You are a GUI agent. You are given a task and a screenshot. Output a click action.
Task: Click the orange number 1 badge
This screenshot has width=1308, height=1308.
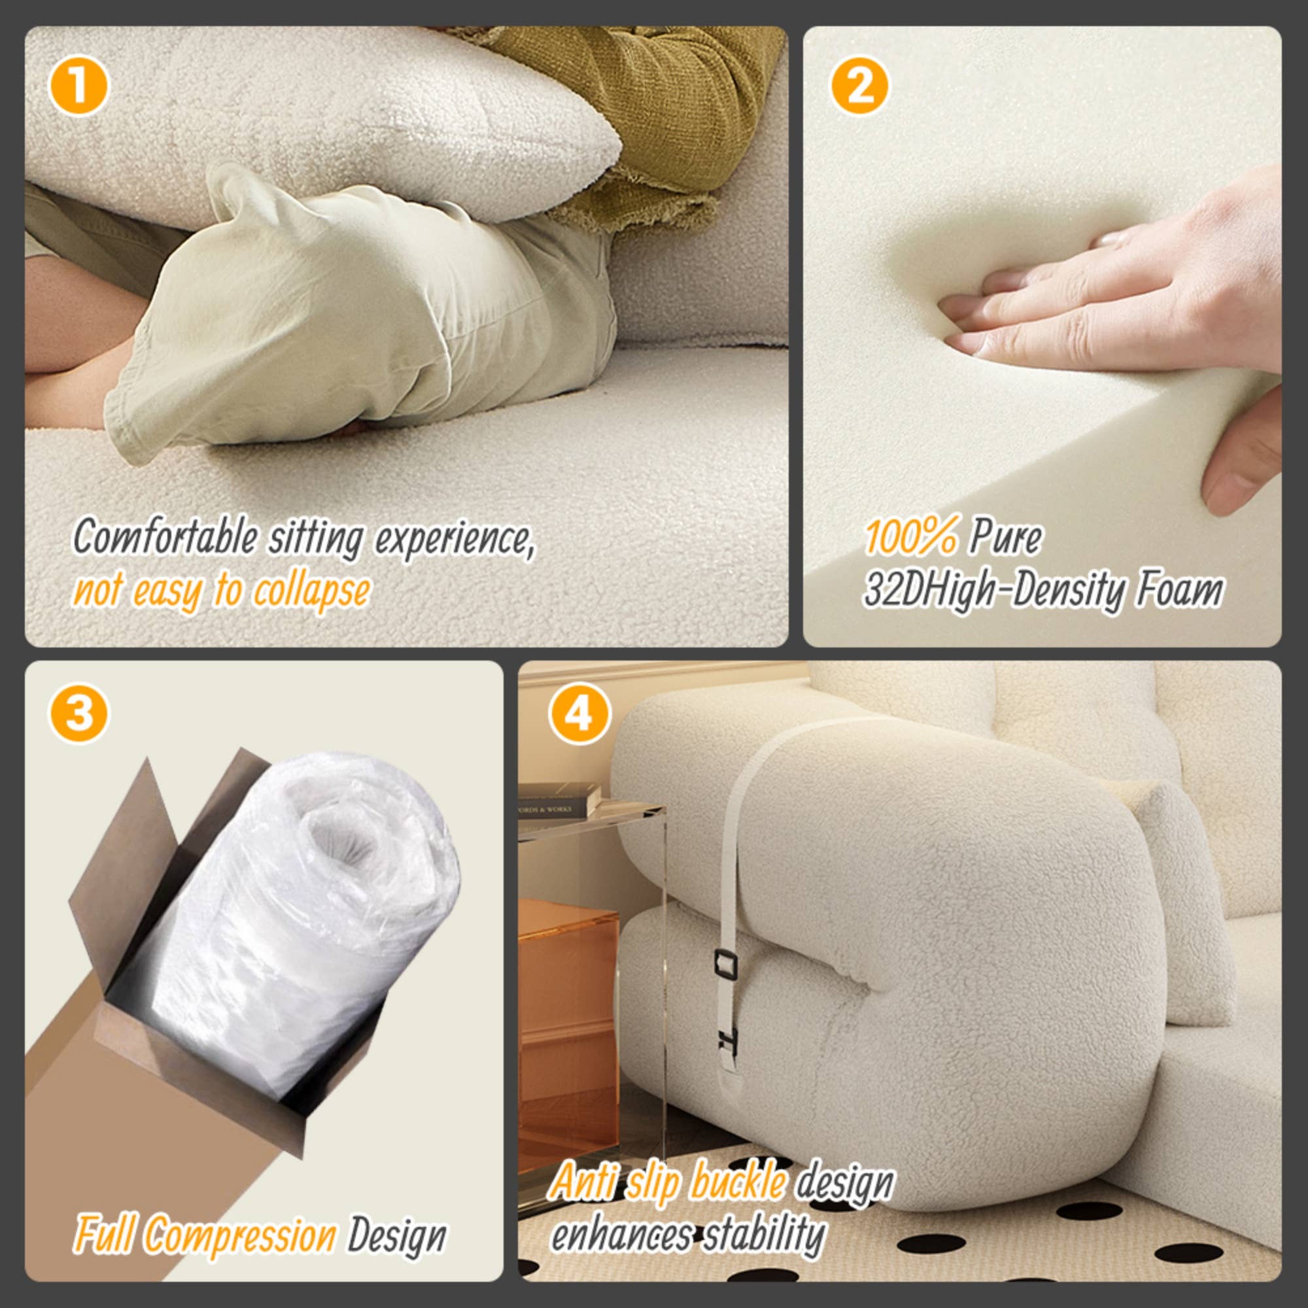pos(78,85)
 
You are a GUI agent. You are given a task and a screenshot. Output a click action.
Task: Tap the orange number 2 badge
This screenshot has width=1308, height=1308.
pos(859,85)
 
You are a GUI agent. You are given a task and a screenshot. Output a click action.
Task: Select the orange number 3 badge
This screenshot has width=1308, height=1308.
pos(78,712)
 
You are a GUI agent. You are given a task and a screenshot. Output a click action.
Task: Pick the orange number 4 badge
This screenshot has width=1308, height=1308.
pos(579,712)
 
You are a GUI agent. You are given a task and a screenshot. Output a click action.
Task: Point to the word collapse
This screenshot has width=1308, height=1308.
pos(311,591)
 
